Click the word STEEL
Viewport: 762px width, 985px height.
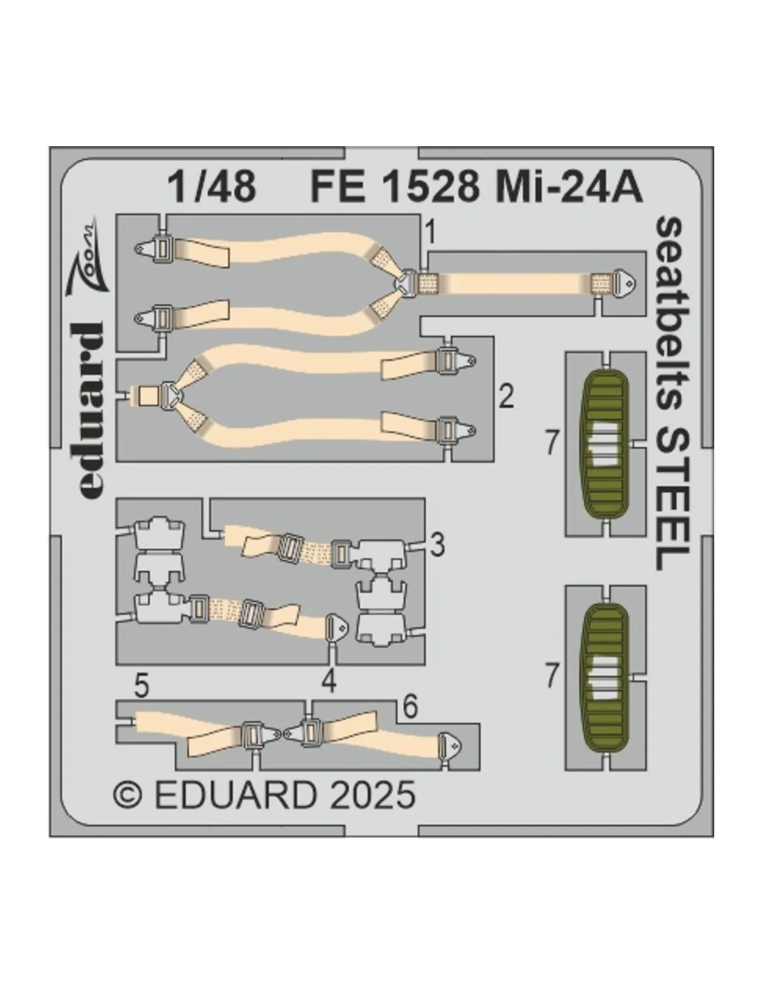672,499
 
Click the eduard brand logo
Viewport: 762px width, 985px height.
91,410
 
